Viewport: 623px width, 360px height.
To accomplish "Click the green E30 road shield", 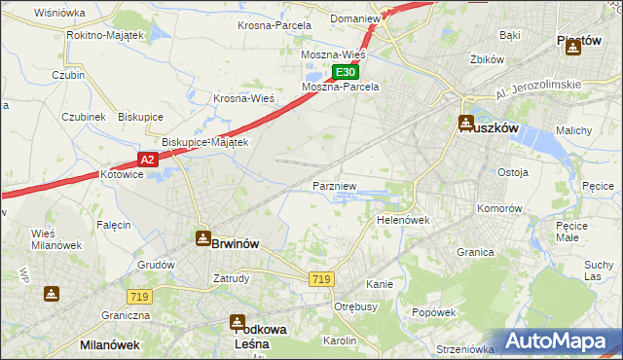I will click(x=346, y=73).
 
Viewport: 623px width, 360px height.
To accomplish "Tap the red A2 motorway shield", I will click(x=147, y=159).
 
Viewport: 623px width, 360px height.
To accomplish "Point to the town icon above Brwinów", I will click(x=202, y=236).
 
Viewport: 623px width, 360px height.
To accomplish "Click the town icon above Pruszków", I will click(x=466, y=124).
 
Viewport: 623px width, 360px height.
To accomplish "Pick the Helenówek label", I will click(x=403, y=220).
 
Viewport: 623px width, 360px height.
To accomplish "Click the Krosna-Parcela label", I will click(x=275, y=25).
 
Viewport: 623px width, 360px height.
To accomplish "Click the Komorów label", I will click(x=499, y=208).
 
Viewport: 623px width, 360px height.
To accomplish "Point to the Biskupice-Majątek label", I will click(x=206, y=141).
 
